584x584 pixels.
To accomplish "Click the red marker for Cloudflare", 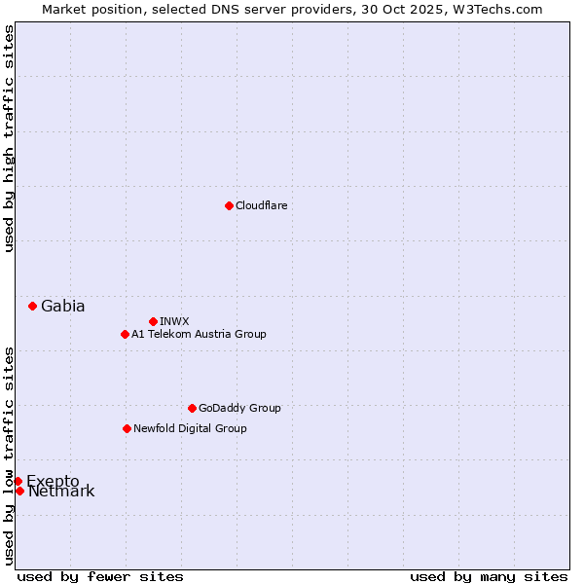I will (229, 205).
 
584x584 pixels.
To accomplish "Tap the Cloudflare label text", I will (261, 205).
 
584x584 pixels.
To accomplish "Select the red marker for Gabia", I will (32, 306).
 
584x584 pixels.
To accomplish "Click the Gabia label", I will (62, 306).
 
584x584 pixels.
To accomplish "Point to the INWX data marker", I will (153, 321).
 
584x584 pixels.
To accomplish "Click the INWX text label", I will (174, 321).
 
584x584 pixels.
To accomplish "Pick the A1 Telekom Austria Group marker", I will (125, 334).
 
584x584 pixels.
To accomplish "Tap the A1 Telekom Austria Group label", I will (199, 334).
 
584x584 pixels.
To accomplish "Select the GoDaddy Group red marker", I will (192, 408).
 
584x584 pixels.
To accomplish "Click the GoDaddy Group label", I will (239, 408).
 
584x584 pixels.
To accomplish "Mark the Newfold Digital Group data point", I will (127, 428).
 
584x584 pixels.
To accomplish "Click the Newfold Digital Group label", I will (190, 428).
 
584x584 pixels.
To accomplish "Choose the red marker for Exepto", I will (18, 481).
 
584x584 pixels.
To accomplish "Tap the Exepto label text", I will (53, 481).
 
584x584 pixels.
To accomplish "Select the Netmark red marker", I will (19, 491).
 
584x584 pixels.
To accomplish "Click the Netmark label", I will (61, 492).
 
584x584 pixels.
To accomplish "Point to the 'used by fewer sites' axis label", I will (100, 576).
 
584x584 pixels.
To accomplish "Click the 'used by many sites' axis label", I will (489, 576).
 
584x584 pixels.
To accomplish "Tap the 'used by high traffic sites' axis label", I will (9, 138).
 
